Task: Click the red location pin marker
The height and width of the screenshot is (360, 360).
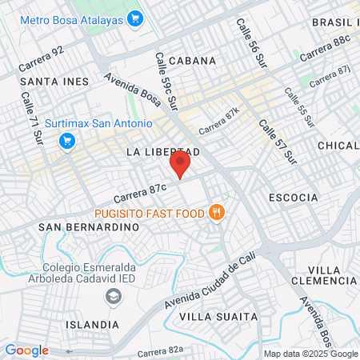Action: pyautogui.click(x=181, y=165)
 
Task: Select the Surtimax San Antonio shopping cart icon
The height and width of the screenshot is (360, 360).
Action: pyautogui.click(x=67, y=141)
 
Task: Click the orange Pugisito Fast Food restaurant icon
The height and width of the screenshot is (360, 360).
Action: pyautogui.click(x=215, y=213)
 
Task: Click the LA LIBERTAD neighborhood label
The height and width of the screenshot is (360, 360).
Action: pyautogui.click(x=162, y=151)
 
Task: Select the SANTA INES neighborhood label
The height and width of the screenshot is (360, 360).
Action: pyautogui.click(x=55, y=82)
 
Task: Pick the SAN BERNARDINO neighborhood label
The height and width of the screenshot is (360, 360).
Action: pyautogui.click(x=89, y=227)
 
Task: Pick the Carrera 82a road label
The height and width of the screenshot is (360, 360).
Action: pyautogui.click(x=160, y=350)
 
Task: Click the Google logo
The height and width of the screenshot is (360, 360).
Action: pyautogui.click(x=26, y=350)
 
